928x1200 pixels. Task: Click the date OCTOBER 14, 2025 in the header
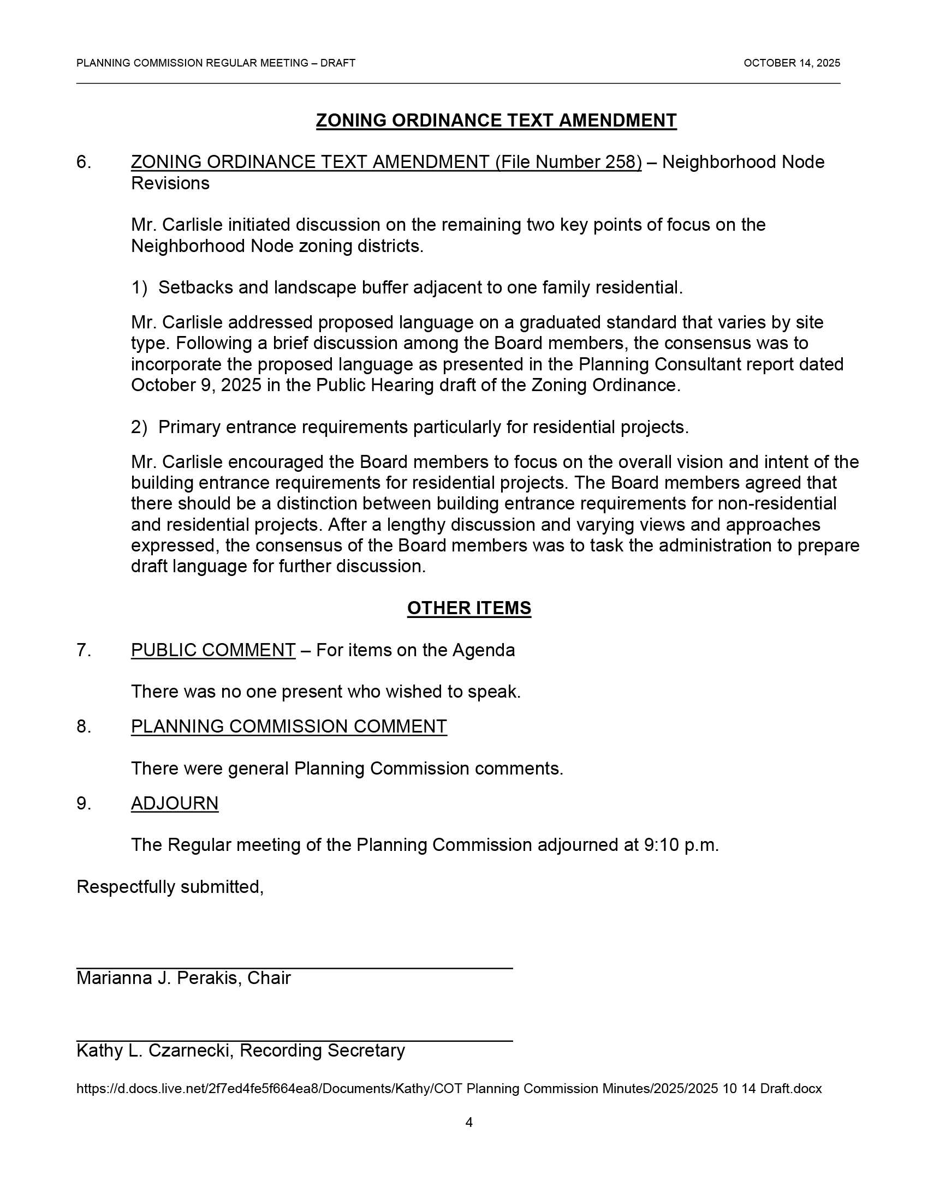(791, 63)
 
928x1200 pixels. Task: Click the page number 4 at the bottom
(469, 1123)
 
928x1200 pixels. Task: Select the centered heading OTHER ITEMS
(469, 608)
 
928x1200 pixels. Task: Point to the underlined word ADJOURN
(174, 803)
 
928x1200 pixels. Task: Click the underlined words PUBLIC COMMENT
(213, 650)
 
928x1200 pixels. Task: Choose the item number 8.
(84, 727)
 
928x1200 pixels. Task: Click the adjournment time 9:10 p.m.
(681, 845)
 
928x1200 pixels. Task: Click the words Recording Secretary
(322, 1051)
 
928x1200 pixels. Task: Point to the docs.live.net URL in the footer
(449, 1089)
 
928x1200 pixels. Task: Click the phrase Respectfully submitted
(169, 887)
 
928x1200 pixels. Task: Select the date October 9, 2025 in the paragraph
(197, 385)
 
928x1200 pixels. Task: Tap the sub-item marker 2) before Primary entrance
(139, 427)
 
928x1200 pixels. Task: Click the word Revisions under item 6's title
(170, 183)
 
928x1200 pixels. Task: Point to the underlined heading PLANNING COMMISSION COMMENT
(289, 727)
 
